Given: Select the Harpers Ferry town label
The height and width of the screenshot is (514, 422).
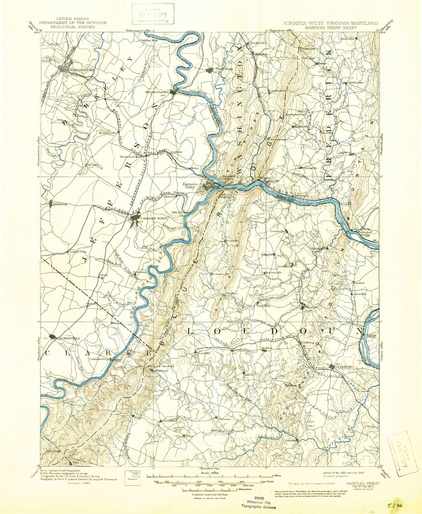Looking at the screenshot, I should point(191,186).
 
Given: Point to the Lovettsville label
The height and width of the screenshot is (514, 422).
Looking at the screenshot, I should point(278,231).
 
